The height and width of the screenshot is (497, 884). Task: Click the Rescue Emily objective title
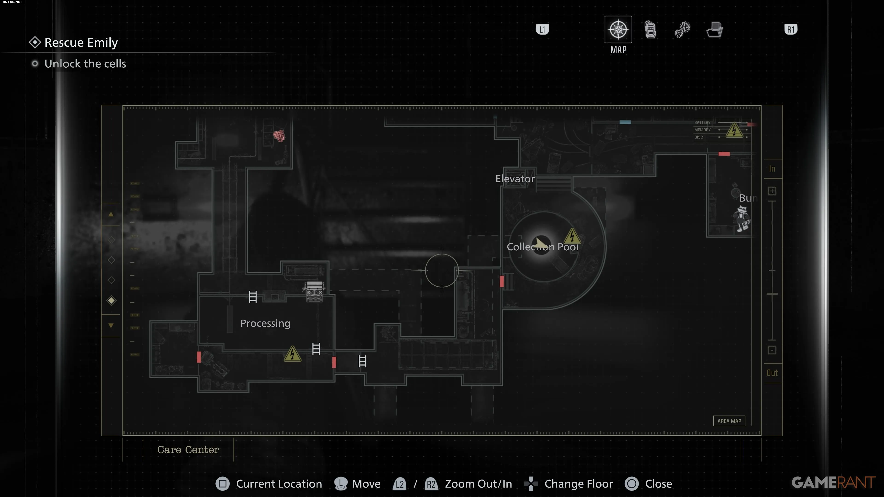(x=81, y=43)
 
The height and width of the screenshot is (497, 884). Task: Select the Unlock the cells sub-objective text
(x=85, y=64)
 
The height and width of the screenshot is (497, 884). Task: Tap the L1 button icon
(x=542, y=29)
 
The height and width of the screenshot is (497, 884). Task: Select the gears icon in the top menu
(x=682, y=29)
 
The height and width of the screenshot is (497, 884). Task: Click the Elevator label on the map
(x=515, y=179)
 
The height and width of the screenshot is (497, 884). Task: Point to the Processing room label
(x=265, y=324)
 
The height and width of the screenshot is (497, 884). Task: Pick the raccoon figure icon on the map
(x=742, y=219)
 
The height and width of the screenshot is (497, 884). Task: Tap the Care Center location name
(x=188, y=450)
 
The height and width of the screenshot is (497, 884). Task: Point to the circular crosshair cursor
(x=442, y=271)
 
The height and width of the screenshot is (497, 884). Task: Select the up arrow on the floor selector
(x=111, y=214)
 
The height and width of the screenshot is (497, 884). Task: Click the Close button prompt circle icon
(x=631, y=484)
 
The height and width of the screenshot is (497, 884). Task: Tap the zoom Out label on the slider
(x=772, y=373)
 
